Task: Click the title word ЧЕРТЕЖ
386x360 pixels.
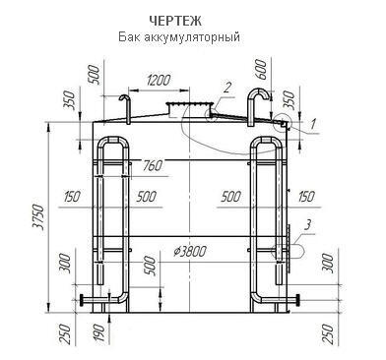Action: tap(175, 21)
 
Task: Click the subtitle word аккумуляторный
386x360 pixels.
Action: tap(192, 36)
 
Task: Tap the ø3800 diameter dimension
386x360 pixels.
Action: tap(190, 252)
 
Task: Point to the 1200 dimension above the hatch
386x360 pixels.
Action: tap(159, 81)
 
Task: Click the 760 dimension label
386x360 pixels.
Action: tap(153, 165)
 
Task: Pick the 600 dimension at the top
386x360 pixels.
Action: tap(261, 69)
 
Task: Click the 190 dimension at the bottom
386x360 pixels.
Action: tap(100, 332)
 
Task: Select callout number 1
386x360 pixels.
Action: tap(313, 124)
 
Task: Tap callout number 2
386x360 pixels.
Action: tap(227, 88)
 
